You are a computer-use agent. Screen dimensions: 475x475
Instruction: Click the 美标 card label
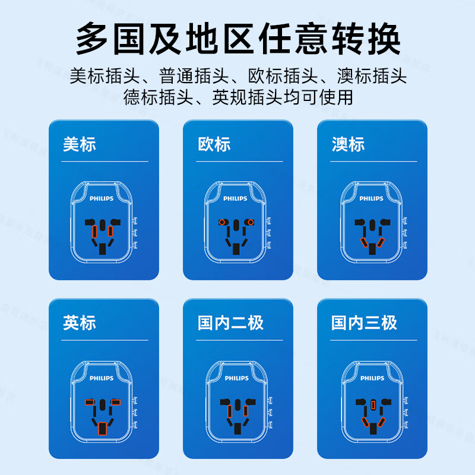tap(79, 144)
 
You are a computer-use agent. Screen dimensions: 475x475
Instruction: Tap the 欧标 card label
tap(214, 144)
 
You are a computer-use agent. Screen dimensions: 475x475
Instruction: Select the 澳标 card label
tap(348, 144)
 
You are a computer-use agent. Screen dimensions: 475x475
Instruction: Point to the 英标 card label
tap(79, 323)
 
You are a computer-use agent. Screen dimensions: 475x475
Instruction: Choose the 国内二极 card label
tap(230, 323)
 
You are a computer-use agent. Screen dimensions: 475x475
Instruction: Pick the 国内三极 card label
tap(364, 323)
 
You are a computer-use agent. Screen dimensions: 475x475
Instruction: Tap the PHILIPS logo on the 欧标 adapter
tap(236, 199)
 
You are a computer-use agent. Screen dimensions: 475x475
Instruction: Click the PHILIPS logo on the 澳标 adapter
tap(371, 199)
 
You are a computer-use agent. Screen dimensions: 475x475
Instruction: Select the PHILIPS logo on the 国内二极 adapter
tap(236, 378)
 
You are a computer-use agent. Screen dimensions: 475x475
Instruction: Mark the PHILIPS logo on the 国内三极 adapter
tap(371, 378)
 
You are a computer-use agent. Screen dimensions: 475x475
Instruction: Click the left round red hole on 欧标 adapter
tap(222, 223)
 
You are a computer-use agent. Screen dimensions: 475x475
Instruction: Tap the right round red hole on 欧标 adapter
tap(251, 223)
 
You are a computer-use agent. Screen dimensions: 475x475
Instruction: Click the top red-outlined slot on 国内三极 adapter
tap(372, 405)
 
